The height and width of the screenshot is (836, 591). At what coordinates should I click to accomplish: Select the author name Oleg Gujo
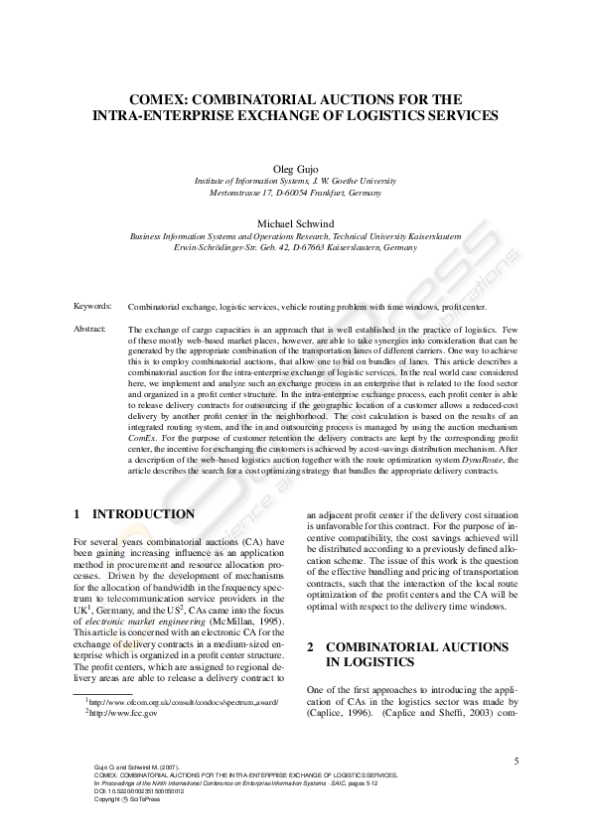(295, 169)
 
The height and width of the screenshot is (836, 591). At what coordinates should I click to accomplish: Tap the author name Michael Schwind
(295, 223)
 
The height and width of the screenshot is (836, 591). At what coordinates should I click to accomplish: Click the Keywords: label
(92, 307)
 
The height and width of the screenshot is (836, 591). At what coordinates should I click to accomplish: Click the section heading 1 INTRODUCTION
(134, 514)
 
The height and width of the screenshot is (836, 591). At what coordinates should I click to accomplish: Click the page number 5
(517, 762)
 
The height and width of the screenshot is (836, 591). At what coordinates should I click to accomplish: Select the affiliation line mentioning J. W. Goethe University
(295, 182)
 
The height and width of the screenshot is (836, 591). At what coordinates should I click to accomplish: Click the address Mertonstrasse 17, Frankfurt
(295, 194)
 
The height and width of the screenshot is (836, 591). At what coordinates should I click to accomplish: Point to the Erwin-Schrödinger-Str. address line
(295, 248)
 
